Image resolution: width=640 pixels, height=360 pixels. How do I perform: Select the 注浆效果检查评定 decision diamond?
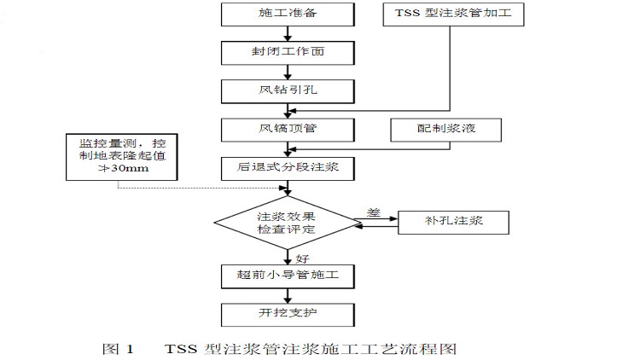286,223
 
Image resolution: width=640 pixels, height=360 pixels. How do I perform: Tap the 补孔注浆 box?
453,222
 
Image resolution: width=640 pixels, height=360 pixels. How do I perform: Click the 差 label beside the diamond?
373,212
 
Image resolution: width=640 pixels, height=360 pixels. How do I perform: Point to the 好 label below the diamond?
301,257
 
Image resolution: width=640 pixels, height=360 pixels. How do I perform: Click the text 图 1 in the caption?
119,349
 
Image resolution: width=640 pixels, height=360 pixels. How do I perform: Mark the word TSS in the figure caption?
182,349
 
